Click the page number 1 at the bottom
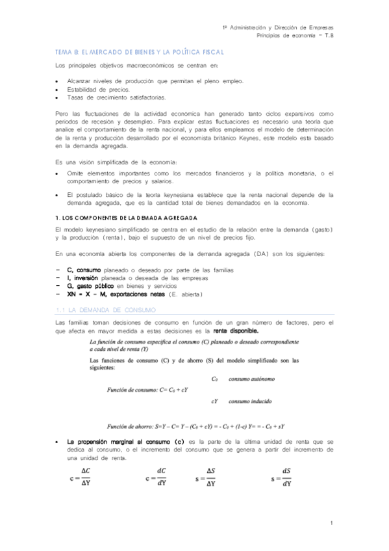(x=331, y=523)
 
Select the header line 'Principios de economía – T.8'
(x=295, y=36)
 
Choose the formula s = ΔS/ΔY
(x=207, y=477)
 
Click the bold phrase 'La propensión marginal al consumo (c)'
(x=126, y=442)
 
